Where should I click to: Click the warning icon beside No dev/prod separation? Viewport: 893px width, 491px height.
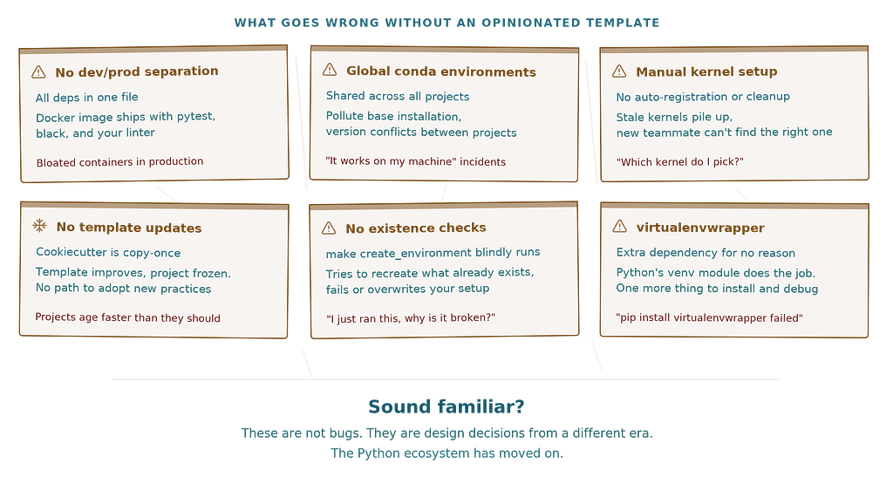point(38,72)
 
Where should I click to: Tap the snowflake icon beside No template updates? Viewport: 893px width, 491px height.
point(39,226)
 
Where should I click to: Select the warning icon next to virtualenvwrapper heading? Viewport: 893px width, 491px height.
point(620,226)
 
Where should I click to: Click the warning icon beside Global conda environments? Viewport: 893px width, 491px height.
point(330,70)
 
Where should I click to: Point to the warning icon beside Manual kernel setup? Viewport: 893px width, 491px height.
point(619,72)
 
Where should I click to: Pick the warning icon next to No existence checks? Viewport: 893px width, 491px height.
point(329,228)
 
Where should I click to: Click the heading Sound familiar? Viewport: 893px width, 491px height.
point(446,406)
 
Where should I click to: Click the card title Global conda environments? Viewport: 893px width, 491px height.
point(441,72)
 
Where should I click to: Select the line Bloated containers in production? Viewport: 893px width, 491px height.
point(119,161)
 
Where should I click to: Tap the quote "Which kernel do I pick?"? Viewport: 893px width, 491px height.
point(680,161)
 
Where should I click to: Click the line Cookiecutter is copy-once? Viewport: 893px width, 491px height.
point(108,252)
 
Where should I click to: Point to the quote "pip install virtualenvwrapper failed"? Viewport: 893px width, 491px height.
point(709,317)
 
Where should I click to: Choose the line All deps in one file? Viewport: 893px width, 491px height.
point(86,98)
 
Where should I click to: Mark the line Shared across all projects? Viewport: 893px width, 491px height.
point(398,96)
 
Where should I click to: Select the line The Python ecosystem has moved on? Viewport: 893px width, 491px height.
point(446,453)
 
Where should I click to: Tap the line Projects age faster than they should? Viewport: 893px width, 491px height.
point(127,317)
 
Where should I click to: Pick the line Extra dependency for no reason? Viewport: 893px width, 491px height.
point(706,253)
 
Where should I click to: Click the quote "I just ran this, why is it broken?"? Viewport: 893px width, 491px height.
point(411,317)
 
